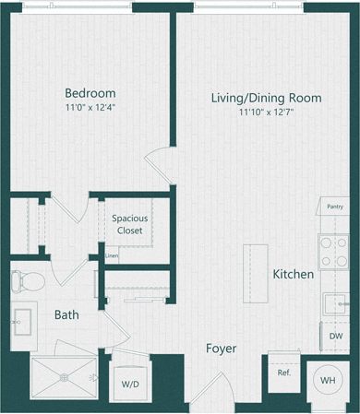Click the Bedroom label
(x=90, y=92)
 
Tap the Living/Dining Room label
(x=266, y=98)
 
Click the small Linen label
(x=112, y=255)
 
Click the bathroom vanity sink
(x=23, y=323)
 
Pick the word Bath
(x=66, y=314)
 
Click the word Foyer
(x=221, y=349)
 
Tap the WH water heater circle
(x=328, y=379)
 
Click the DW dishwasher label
(x=336, y=337)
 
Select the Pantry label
(x=334, y=207)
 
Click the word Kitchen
(x=294, y=275)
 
